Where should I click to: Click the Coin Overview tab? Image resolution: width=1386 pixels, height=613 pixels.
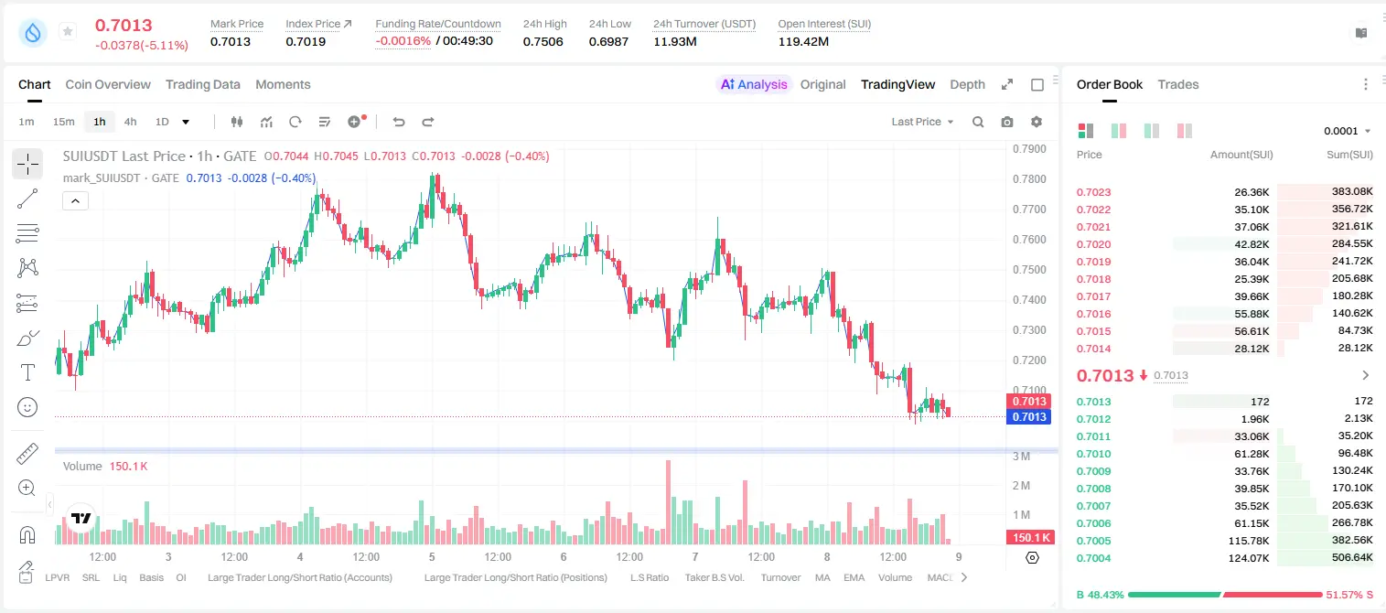pos(108,84)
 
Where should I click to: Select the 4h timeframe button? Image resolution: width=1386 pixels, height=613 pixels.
pos(130,122)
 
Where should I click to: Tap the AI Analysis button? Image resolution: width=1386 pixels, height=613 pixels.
pos(754,84)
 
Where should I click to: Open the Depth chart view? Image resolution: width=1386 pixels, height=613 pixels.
pos(967,84)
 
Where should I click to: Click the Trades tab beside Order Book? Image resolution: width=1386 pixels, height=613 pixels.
pos(1178,84)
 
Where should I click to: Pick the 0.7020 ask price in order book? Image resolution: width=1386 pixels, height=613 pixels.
pos(1093,244)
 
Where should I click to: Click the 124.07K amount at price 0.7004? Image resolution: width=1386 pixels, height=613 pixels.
pos(1248,558)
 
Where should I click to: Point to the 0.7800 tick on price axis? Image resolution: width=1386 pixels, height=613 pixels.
pos(1029,178)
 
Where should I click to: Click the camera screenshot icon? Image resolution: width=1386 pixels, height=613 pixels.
pos(1007,122)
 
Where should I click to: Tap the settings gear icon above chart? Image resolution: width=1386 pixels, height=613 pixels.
pos(1037,122)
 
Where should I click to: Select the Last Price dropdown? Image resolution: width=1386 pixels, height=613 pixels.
pos(922,122)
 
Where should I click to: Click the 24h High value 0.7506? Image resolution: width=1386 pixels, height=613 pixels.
pos(543,41)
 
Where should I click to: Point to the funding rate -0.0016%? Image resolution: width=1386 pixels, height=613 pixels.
pos(403,41)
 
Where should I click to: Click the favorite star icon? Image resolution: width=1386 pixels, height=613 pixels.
pos(68,31)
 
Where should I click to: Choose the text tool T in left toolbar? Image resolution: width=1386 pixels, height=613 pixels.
pos(27,372)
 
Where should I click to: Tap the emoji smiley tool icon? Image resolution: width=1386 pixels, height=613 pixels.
pos(27,407)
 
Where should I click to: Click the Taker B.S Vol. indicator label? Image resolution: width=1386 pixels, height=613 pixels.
pos(714,577)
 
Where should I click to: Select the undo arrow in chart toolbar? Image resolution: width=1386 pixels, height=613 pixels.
pos(399,122)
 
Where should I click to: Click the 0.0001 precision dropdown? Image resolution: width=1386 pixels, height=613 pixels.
pos(1347,131)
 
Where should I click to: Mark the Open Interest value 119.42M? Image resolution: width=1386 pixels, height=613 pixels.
pos(803,41)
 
